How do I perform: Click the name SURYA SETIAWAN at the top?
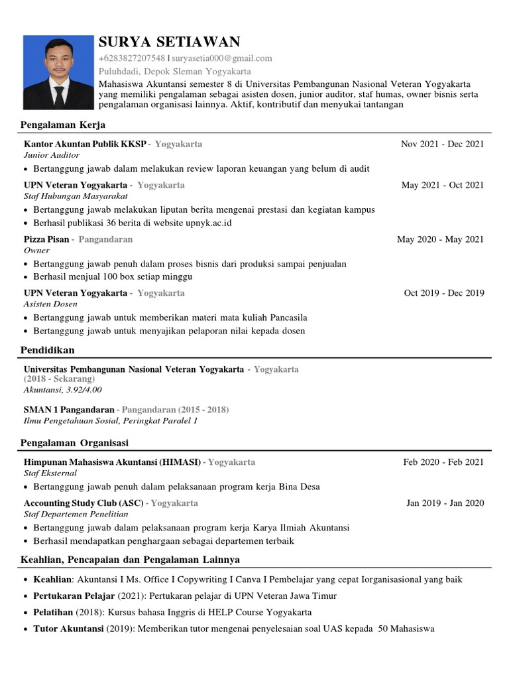pos(169,42)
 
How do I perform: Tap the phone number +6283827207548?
pos(132,58)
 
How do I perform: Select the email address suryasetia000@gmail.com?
pos(221,58)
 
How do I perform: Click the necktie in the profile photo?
pos(59,96)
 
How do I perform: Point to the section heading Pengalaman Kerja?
pos(63,125)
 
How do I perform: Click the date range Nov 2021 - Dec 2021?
pos(442,144)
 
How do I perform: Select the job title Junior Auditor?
pos(51,154)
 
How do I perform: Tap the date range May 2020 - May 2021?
pos(440,239)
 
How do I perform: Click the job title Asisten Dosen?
pos(50,304)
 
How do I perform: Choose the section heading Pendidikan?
pos(48,349)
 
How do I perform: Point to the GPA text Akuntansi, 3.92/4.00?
pos(63,389)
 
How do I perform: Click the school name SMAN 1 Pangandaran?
pos(69,410)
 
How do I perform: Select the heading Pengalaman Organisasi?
pos(75,442)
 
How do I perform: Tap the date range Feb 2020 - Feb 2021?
pos(443,462)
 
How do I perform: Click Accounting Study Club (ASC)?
pos(84,503)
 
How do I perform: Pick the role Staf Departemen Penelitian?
pos(72,514)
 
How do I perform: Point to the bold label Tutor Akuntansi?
pos(68,629)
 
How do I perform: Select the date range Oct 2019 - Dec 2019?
pos(443,293)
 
